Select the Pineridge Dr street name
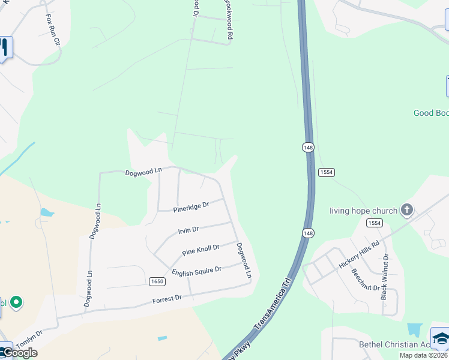click(x=191, y=207)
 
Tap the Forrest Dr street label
click(x=167, y=299)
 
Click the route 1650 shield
click(x=157, y=281)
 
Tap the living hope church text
click(x=363, y=211)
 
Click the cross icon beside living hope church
click(x=407, y=209)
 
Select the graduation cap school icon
click(x=441, y=339)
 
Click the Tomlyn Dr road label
click(x=29, y=339)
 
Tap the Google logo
click(x=19, y=353)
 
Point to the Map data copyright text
click(x=424, y=355)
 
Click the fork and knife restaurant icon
click(x=5, y=47)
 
